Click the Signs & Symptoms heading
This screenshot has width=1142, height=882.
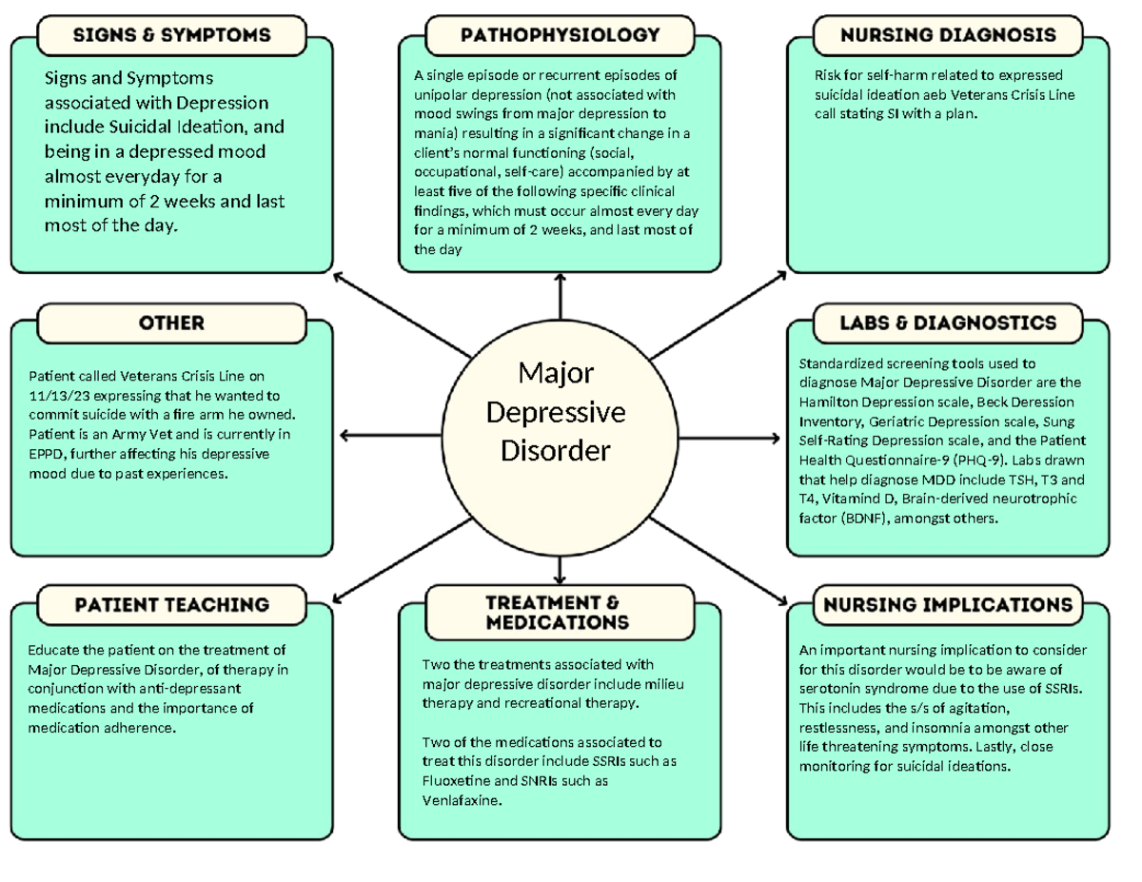[x=172, y=35]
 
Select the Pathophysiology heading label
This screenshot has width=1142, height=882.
[x=560, y=35]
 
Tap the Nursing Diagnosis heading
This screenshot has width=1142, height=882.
[x=948, y=35]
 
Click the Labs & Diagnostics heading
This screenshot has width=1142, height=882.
[x=948, y=323]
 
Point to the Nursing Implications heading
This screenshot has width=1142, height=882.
[x=948, y=605]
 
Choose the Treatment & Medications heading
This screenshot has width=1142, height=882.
[x=558, y=613]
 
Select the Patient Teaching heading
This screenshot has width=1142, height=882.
[x=172, y=605]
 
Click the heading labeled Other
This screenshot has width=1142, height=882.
[x=172, y=323]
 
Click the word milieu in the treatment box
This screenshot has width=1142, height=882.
[x=662, y=684]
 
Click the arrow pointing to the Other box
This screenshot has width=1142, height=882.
[x=348, y=436]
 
